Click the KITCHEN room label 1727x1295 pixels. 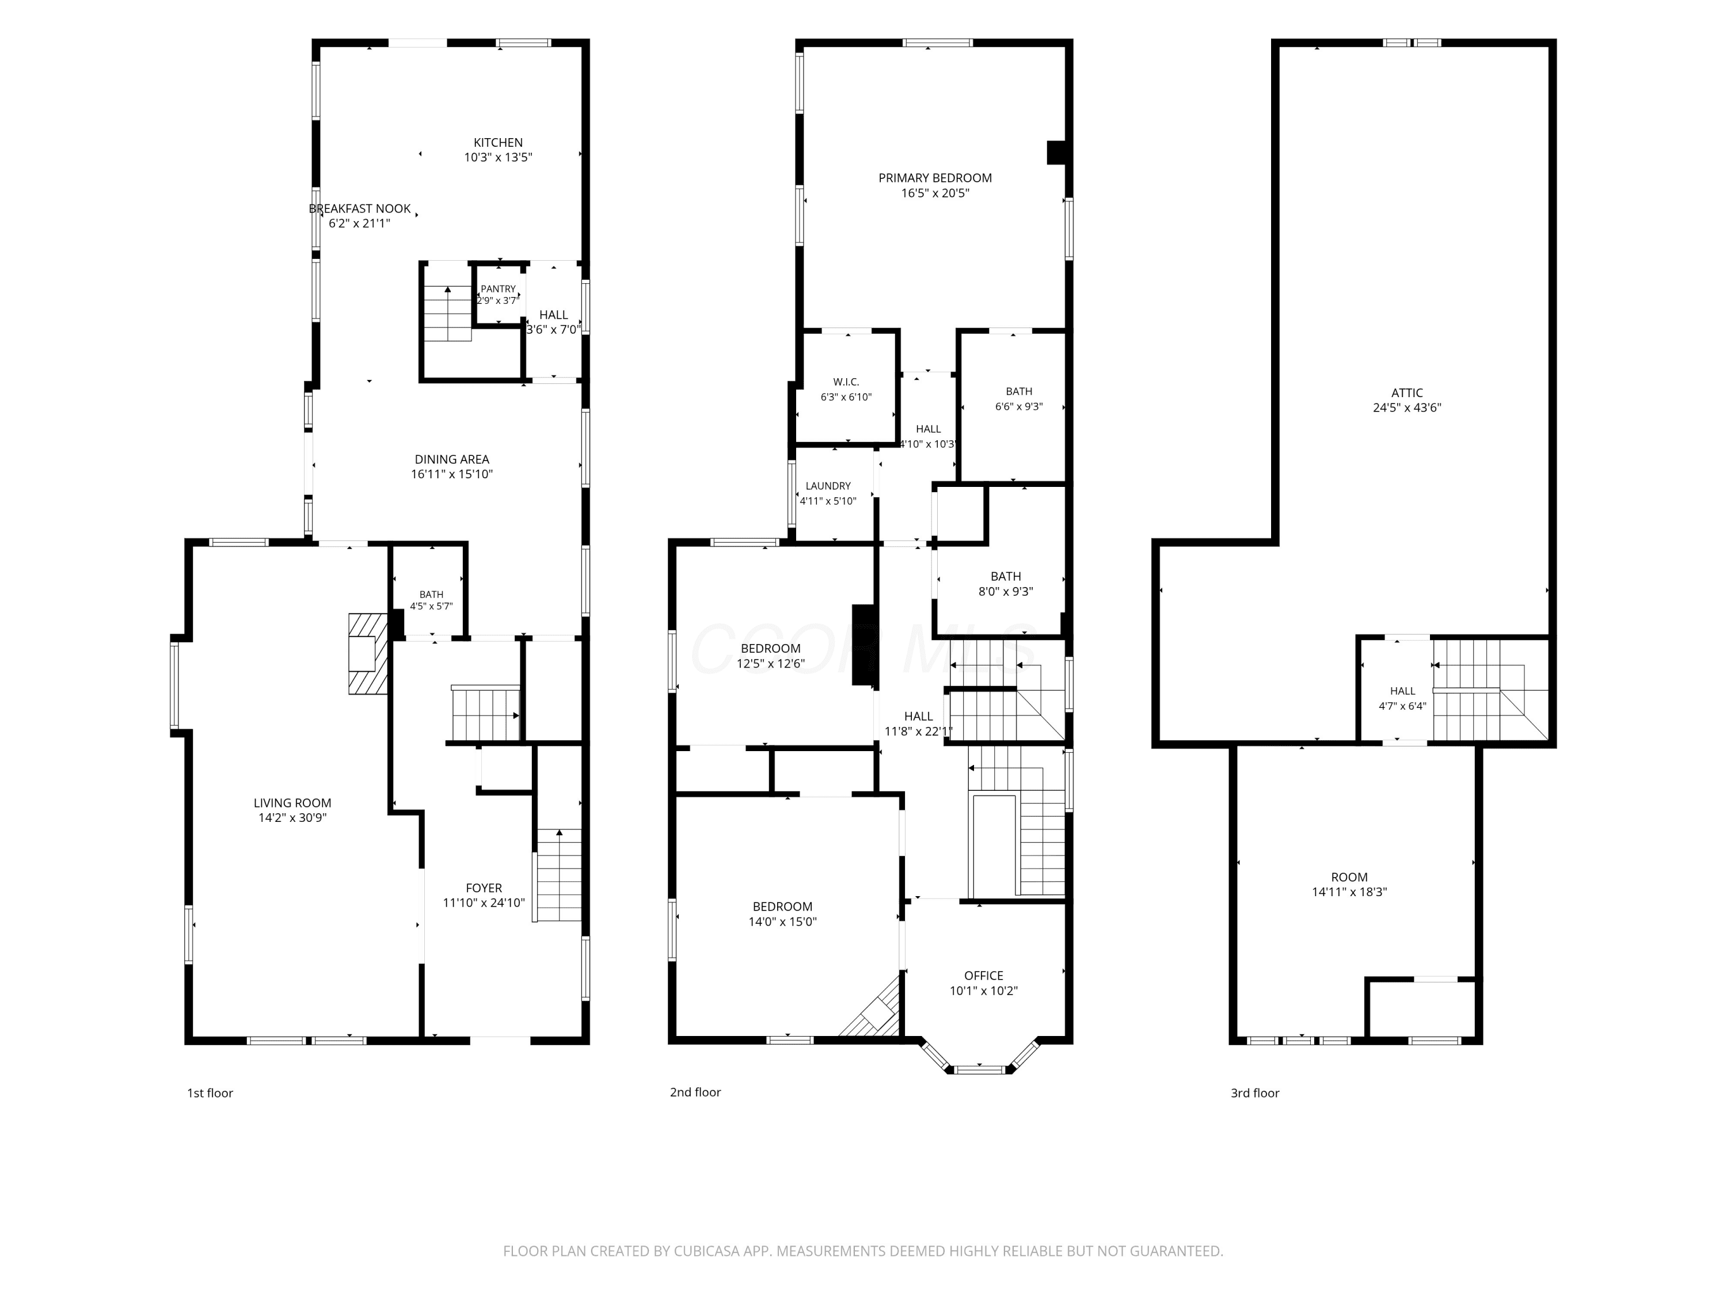(x=498, y=143)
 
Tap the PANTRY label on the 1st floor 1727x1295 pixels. (x=498, y=289)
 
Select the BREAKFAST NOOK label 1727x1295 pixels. (x=360, y=208)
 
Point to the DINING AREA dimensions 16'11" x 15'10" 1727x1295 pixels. (x=452, y=474)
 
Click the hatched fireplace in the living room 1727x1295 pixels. (x=368, y=653)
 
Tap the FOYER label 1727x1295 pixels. (x=484, y=888)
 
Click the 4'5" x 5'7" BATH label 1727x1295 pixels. (x=431, y=600)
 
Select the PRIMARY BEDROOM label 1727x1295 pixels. (x=935, y=178)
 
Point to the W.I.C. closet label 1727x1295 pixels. (x=846, y=382)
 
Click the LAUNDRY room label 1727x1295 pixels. (x=828, y=486)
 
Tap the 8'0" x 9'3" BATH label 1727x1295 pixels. (x=1006, y=584)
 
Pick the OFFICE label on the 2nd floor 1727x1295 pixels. (x=984, y=975)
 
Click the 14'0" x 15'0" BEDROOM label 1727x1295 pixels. (x=782, y=914)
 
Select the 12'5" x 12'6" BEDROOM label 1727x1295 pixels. (x=771, y=656)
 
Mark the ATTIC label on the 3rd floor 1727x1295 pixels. (x=1407, y=393)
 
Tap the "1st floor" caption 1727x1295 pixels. (x=210, y=1093)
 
